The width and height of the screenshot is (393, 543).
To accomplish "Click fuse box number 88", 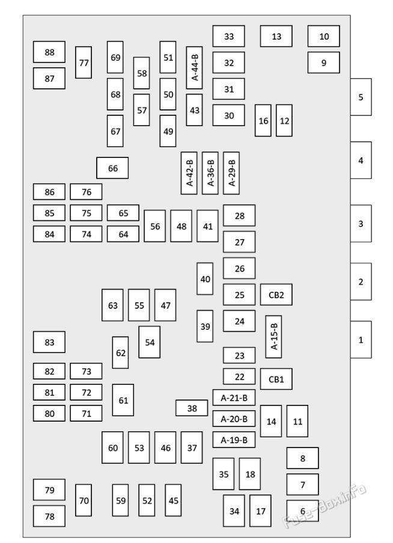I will (x=49, y=52).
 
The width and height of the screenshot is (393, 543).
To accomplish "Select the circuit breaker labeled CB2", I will (x=276, y=294).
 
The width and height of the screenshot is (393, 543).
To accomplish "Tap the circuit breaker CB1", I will (x=276, y=379).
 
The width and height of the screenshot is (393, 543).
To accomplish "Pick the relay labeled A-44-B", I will (x=194, y=67).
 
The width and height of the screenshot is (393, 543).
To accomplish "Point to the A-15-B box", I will (x=273, y=336).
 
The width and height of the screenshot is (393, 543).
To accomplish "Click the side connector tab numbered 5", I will (x=361, y=97).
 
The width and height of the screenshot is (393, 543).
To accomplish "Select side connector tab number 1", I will (x=361, y=339).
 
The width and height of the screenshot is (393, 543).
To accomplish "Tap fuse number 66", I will (x=112, y=168).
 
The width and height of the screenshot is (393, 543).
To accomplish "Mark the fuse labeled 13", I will (x=276, y=36).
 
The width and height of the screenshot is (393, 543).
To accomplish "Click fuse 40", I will (x=205, y=279).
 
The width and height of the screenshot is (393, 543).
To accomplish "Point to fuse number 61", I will (x=123, y=400).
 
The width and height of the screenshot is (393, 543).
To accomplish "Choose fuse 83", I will (x=49, y=342).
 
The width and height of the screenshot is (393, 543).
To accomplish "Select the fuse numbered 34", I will (x=234, y=511).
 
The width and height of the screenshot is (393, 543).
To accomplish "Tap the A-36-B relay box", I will (x=210, y=173).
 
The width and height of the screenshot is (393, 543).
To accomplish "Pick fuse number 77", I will (x=84, y=62).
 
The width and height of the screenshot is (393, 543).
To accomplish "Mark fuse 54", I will (x=150, y=342).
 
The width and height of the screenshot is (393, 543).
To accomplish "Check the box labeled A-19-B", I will (x=234, y=440).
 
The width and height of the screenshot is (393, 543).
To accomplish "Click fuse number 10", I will (x=324, y=36).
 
